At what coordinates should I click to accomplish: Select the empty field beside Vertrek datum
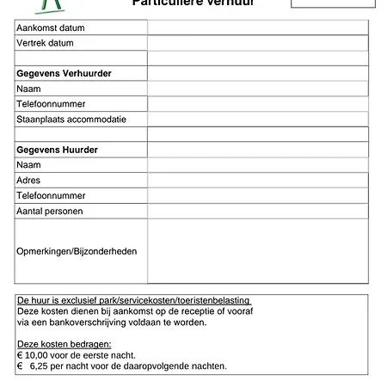258,43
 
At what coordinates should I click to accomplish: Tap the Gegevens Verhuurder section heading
64,74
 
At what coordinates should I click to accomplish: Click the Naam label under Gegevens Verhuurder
29,89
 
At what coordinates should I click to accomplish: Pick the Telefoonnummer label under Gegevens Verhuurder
51,104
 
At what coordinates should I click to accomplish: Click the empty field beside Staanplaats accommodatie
258,120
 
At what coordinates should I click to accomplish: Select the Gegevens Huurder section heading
57,150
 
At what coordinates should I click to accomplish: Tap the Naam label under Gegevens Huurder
29,165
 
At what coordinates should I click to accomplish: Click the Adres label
28,181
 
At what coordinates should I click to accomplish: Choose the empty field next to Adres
258,181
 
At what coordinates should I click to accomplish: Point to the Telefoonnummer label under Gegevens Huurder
51,196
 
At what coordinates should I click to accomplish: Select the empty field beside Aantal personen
258,211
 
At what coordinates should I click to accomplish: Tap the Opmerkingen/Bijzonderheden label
77,251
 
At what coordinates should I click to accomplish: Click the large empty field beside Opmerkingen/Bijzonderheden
258,251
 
